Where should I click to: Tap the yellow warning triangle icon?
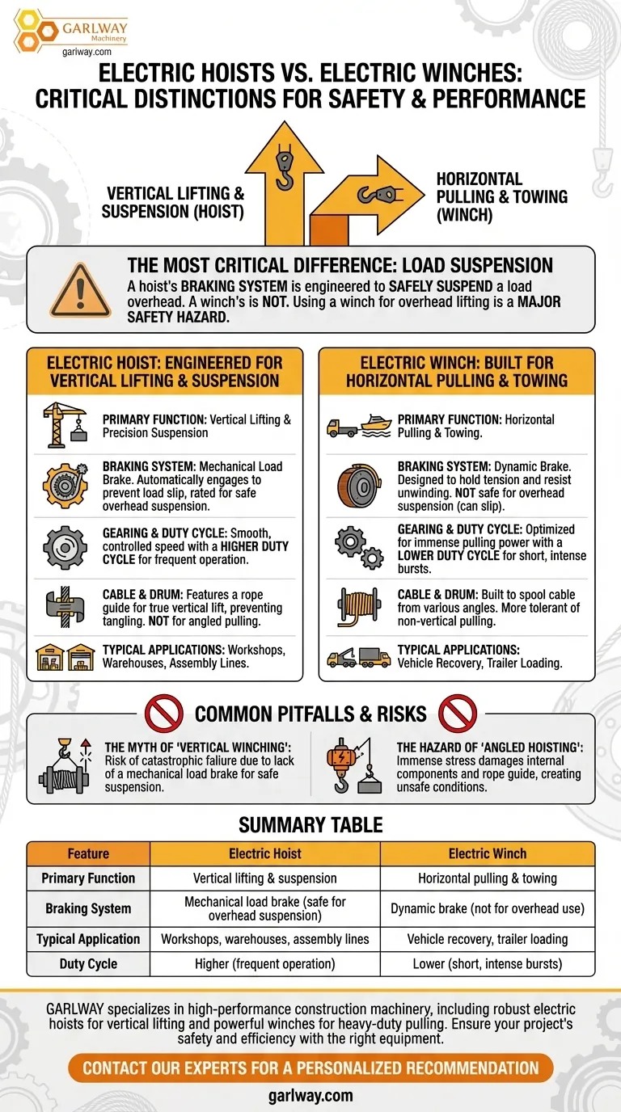click(x=80, y=291)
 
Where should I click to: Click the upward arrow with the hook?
click(x=284, y=183)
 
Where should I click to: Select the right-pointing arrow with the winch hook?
click(x=368, y=200)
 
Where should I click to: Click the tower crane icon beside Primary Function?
click(x=65, y=425)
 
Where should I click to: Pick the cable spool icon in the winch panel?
click(x=359, y=606)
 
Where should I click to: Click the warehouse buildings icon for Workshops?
click(x=65, y=657)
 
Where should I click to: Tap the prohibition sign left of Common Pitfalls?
click(x=164, y=714)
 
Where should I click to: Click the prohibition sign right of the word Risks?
click(x=458, y=714)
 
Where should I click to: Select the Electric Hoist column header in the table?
click(x=264, y=853)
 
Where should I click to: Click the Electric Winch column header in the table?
click(x=488, y=853)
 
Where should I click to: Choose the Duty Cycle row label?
click(x=88, y=963)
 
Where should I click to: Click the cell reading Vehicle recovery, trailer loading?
click(x=488, y=939)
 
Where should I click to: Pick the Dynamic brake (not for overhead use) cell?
click(x=488, y=908)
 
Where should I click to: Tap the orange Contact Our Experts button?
click(x=310, y=1068)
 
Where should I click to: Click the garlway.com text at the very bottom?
click(x=310, y=1096)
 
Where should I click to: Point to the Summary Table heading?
click(x=310, y=825)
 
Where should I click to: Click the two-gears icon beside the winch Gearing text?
click(x=359, y=547)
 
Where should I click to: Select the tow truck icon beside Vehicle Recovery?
click(x=342, y=657)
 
